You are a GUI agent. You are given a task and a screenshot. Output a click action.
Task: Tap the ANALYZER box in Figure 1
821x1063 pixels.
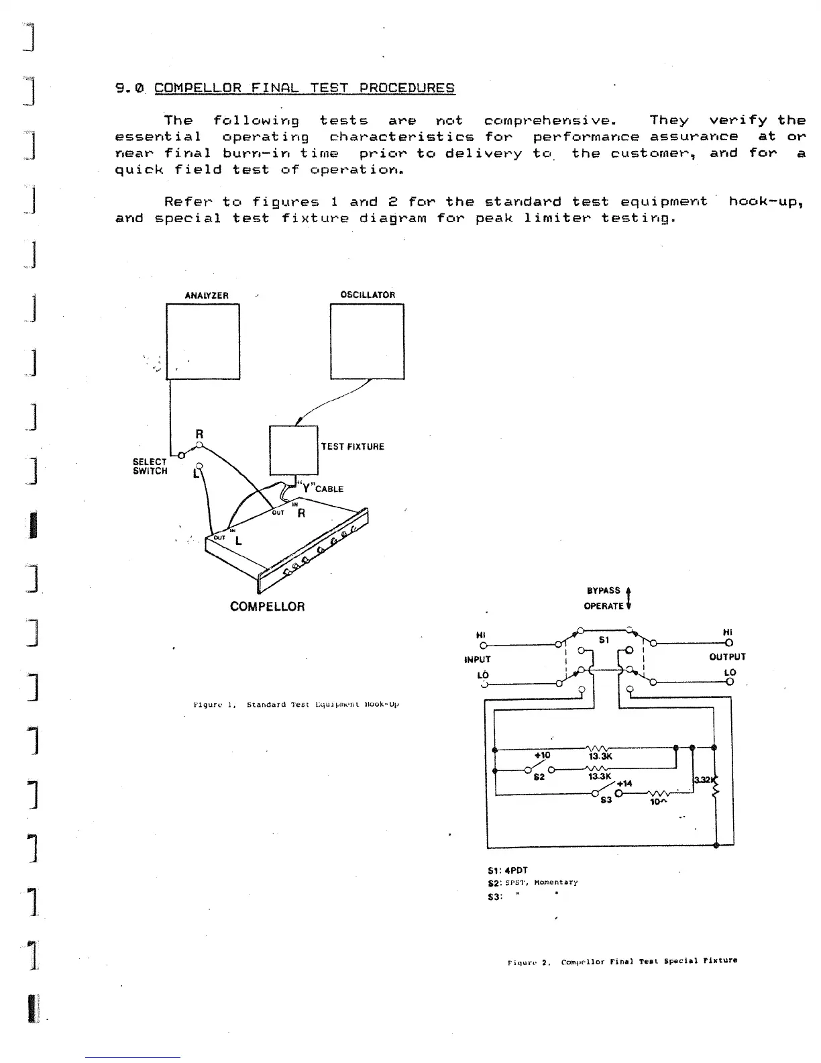(203, 342)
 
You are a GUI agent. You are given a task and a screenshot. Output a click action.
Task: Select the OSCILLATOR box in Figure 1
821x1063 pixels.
(367, 342)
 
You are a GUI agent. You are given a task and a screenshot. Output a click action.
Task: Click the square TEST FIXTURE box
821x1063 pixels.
(293, 450)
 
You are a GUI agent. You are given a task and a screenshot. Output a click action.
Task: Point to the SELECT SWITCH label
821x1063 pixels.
(150, 466)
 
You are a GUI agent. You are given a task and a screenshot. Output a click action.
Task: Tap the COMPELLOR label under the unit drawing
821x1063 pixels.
(267, 607)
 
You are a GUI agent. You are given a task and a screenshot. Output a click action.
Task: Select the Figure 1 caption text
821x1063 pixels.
(296, 705)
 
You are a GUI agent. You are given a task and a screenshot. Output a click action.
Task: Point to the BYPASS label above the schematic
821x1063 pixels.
(604, 591)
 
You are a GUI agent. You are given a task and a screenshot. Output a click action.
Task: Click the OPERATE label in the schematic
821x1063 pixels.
(604, 606)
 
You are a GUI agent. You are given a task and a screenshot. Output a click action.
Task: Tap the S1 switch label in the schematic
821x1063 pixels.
(604, 640)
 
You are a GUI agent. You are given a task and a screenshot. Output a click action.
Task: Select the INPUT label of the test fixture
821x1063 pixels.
(478, 659)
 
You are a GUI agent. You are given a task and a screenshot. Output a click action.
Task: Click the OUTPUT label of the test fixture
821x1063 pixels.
(727, 657)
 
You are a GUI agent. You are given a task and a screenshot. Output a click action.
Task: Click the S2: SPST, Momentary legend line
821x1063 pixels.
(533, 882)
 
